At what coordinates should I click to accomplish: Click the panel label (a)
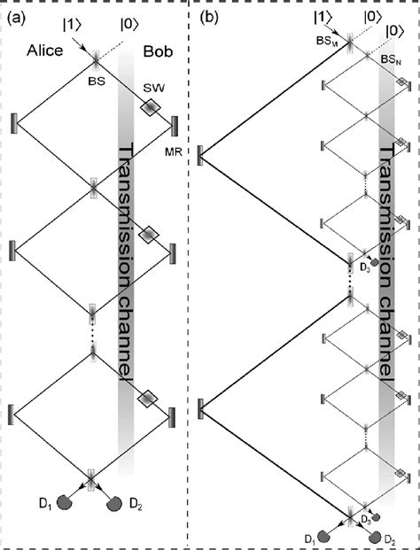click(17, 19)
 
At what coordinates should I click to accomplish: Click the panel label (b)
click(209, 19)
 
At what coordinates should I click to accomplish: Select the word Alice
click(45, 50)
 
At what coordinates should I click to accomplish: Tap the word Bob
click(159, 51)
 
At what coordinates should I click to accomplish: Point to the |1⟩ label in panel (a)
click(73, 27)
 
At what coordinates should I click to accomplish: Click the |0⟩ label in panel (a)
click(130, 26)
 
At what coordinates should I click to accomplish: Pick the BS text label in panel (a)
click(97, 82)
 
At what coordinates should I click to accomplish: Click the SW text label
click(154, 89)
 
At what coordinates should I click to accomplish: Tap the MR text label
click(174, 151)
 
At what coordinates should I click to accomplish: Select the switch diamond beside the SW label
click(151, 107)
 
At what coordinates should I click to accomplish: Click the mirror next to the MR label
click(174, 127)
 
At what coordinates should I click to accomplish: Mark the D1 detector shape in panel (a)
click(64, 502)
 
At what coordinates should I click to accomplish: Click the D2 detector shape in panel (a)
click(114, 504)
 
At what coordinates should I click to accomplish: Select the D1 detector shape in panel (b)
click(324, 537)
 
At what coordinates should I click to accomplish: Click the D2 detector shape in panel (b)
click(375, 537)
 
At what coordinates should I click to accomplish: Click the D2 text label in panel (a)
click(136, 504)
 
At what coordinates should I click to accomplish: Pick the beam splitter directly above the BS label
click(96, 58)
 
